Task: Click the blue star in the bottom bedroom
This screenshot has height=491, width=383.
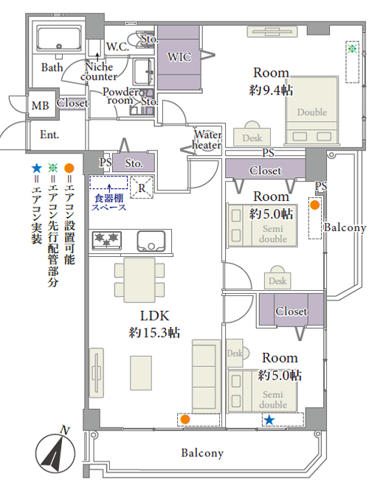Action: tap(269, 420)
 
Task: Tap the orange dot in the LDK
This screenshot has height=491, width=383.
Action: tap(185, 419)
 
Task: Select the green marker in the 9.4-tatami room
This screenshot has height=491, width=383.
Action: tap(353, 49)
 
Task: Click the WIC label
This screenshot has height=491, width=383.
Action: tap(179, 58)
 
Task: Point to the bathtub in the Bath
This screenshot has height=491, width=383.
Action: tap(58, 38)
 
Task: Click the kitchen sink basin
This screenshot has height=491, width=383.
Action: tap(151, 241)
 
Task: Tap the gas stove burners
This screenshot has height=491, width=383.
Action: tap(106, 241)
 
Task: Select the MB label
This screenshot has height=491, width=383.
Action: tap(41, 105)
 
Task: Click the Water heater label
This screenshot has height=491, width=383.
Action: tap(207, 140)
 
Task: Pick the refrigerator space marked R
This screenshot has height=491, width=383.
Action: tap(142, 188)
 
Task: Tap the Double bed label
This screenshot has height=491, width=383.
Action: tap(312, 112)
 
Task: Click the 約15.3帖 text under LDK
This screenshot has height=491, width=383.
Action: tap(154, 332)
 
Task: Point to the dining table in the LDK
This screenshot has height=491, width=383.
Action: tap(139, 280)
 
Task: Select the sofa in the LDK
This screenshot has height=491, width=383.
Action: tap(206, 377)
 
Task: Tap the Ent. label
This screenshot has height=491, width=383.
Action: tap(49, 134)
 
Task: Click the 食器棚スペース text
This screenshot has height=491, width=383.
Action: tap(108, 202)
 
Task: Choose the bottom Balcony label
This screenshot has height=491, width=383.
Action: tap(202, 453)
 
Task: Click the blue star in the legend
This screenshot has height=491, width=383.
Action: tap(37, 168)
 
